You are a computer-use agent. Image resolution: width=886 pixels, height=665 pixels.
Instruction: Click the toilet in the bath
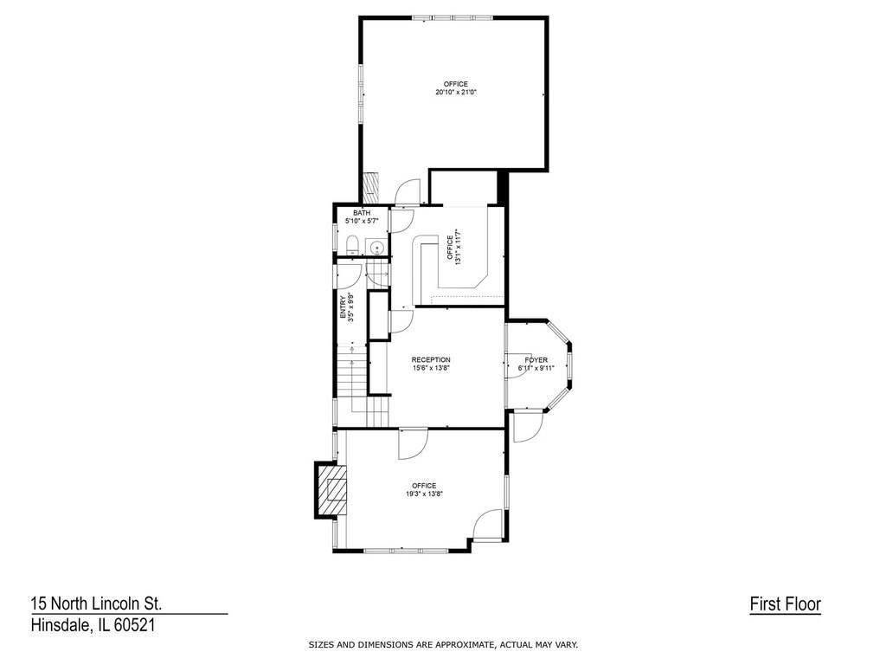point(352,245)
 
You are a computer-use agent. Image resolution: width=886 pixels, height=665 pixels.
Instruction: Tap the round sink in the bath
point(377,247)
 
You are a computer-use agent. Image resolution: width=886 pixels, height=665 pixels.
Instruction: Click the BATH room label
point(362,213)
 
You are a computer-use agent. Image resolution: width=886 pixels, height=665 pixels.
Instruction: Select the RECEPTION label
point(431,359)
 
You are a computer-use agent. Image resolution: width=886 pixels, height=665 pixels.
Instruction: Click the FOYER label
point(536,359)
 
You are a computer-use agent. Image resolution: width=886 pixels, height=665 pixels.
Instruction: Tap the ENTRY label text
point(343,307)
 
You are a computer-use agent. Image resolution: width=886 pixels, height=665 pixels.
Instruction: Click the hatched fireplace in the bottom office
point(331,490)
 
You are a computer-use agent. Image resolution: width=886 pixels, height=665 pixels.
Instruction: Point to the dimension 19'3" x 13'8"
point(424,494)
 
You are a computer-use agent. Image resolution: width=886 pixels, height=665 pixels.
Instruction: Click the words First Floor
point(786,604)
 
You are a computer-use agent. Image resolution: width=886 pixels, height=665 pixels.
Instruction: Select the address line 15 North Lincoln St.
point(97,604)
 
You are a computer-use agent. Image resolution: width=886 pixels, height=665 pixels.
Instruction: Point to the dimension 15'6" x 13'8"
point(431,368)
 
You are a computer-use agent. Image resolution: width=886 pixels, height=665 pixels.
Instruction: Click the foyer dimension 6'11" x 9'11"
point(536,368)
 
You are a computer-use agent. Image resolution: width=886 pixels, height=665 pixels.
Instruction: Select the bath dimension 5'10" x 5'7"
point(362,221)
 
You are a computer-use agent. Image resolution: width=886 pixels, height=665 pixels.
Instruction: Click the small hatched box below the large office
point(370,187)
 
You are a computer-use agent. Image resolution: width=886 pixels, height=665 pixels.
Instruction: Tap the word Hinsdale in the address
point(59,625)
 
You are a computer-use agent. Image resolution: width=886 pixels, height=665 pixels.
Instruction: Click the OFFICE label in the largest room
point(455,84)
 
